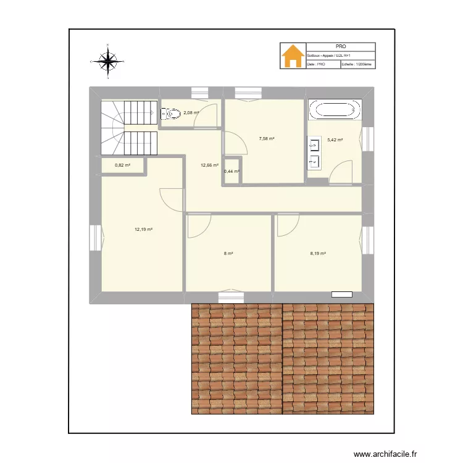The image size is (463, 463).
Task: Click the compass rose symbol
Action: tap(108, 61)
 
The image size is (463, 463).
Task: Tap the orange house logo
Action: tap(293, 56)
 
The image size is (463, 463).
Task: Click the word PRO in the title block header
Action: tap(340, 46)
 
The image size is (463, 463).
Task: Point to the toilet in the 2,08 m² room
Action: tap(168, 114)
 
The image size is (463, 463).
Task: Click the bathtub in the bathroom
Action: tap(336, 111)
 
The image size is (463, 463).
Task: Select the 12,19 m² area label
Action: tap(143, 230)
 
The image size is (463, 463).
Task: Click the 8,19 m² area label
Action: tap(317, 253)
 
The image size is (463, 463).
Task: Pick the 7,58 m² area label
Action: tap(267, 139)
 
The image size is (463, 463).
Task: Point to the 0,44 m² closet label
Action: tap(231, 172)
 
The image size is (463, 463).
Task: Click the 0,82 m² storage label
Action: tap(123, 165)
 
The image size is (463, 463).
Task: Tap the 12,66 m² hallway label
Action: tap(210, 165)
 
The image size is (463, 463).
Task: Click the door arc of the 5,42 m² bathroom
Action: tap(341, 172)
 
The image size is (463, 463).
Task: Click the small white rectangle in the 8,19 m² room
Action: tap(341, 295)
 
